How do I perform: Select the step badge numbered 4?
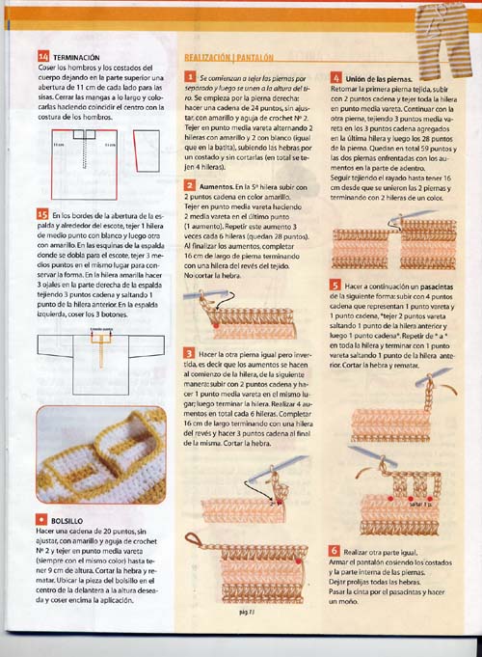[x=335, y=76]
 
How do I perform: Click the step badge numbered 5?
[x=335, y=286]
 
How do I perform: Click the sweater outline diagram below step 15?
[x=96, y=362]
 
